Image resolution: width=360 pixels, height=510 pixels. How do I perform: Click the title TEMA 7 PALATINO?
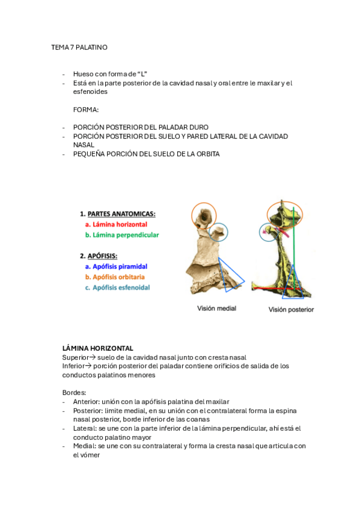[79, 47]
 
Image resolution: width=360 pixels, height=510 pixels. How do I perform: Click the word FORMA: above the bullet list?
[86, 109]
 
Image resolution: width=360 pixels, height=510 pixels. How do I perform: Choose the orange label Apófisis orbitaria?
[118, 277]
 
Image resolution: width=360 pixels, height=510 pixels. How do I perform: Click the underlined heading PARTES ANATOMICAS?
[121, 214]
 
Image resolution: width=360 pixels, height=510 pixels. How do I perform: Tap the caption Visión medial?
[216, 309]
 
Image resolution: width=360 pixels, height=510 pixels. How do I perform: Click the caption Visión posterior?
[291, 310]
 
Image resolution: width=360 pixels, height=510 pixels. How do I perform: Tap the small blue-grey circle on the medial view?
[219, 232]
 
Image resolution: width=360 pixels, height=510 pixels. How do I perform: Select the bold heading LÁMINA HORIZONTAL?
[98, 348]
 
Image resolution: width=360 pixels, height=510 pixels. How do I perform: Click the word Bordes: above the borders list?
[74, 393]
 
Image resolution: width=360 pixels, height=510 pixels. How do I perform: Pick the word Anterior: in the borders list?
[88, 402]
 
